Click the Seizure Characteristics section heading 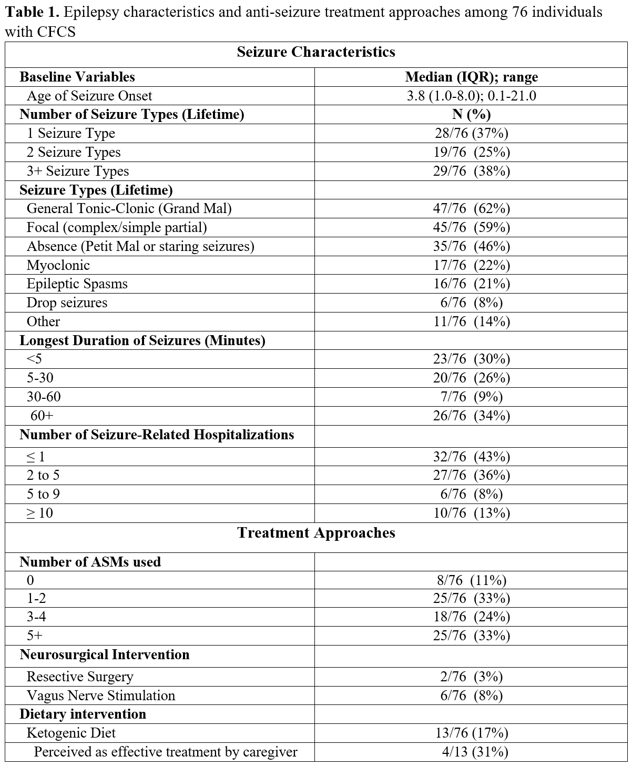pyautogui.click(x=315, y=52)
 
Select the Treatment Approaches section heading pyautogui.click(x=315, y=533)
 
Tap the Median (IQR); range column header pyautogui.click(x=471, y=77)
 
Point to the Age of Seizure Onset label pyautogui.click(x=89, y=96)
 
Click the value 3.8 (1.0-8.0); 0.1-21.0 pyautogui.click(x=471, y=96)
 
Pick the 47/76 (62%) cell pyautogui.click(x=471, y=209)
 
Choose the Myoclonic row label pyautogui.click(x=58, y=265)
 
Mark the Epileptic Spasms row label pyautogui.click(x=77, y=284)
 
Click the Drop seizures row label pyautogui.click(x=67, y=303)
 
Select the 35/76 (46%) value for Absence pyautogui.click(x=471, y=246)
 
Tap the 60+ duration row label pyautogui.click(x=42, y=416)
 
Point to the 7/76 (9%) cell pyautogui.click(x=471, y=397)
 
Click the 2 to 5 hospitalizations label pyautogui.click(x=43, y=476)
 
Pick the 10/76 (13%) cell pyautogui.click(x=471, y=513)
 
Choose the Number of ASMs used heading pyautogui.click(x=90, y=562)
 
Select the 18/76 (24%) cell pyautogui.click(x=471, y=617)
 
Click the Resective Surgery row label pyautogui.click(x=80, y=677)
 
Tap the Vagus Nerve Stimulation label pyautogui.click(x=101, y=696)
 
